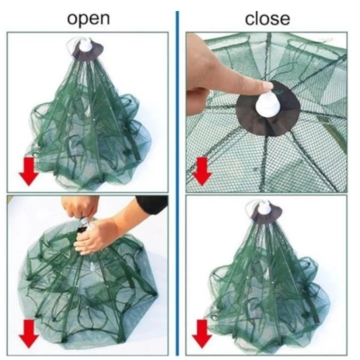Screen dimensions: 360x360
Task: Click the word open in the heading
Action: pyautogui.click(x=89, y=19)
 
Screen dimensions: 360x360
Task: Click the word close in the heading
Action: pyautogui.click(x=267, y=19)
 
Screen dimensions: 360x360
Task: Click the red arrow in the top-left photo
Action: pyautogui.click(x=29, y=171)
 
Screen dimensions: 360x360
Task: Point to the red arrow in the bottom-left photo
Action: pyautogui.click(x=29, y=333)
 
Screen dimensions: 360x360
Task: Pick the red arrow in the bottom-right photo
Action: pyautogui.click(x=202, y=333)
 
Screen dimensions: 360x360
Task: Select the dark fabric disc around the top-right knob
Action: pyautogui.click(x=268, y=108)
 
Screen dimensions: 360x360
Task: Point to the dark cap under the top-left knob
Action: pyautogui.click(x=87, y=52)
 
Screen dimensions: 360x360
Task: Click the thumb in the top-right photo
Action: pyautogui.click(x=197, y=101)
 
